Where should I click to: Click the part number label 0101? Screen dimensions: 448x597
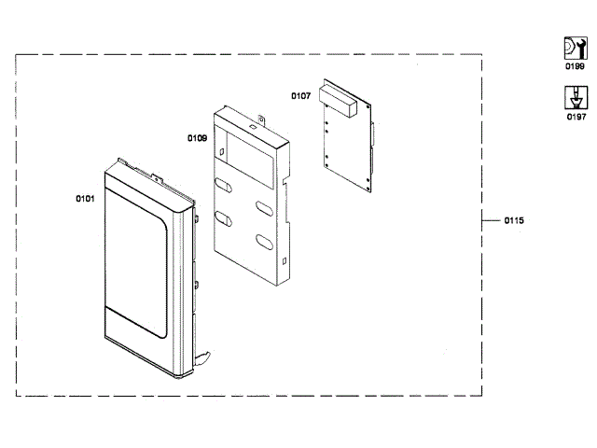[x=85, y=198]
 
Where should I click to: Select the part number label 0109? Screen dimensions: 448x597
[x=197, y=138]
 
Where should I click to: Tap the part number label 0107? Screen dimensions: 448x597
[x=300, y=95]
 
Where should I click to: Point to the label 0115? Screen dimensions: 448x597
[x=514, y=220]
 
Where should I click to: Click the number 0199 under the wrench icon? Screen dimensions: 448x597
[x=576, y=68]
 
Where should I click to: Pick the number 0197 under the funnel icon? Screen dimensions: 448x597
[x=576, y=117]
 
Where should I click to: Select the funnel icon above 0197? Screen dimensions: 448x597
[x=575, y=96]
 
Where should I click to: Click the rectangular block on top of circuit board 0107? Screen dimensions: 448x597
[x=336, y=97]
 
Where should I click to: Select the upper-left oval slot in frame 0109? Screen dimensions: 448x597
[x=224, y=184]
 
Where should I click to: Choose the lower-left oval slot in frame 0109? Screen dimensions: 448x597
[x=224, y=218]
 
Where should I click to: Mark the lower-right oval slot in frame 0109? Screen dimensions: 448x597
[x=263, y=242]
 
